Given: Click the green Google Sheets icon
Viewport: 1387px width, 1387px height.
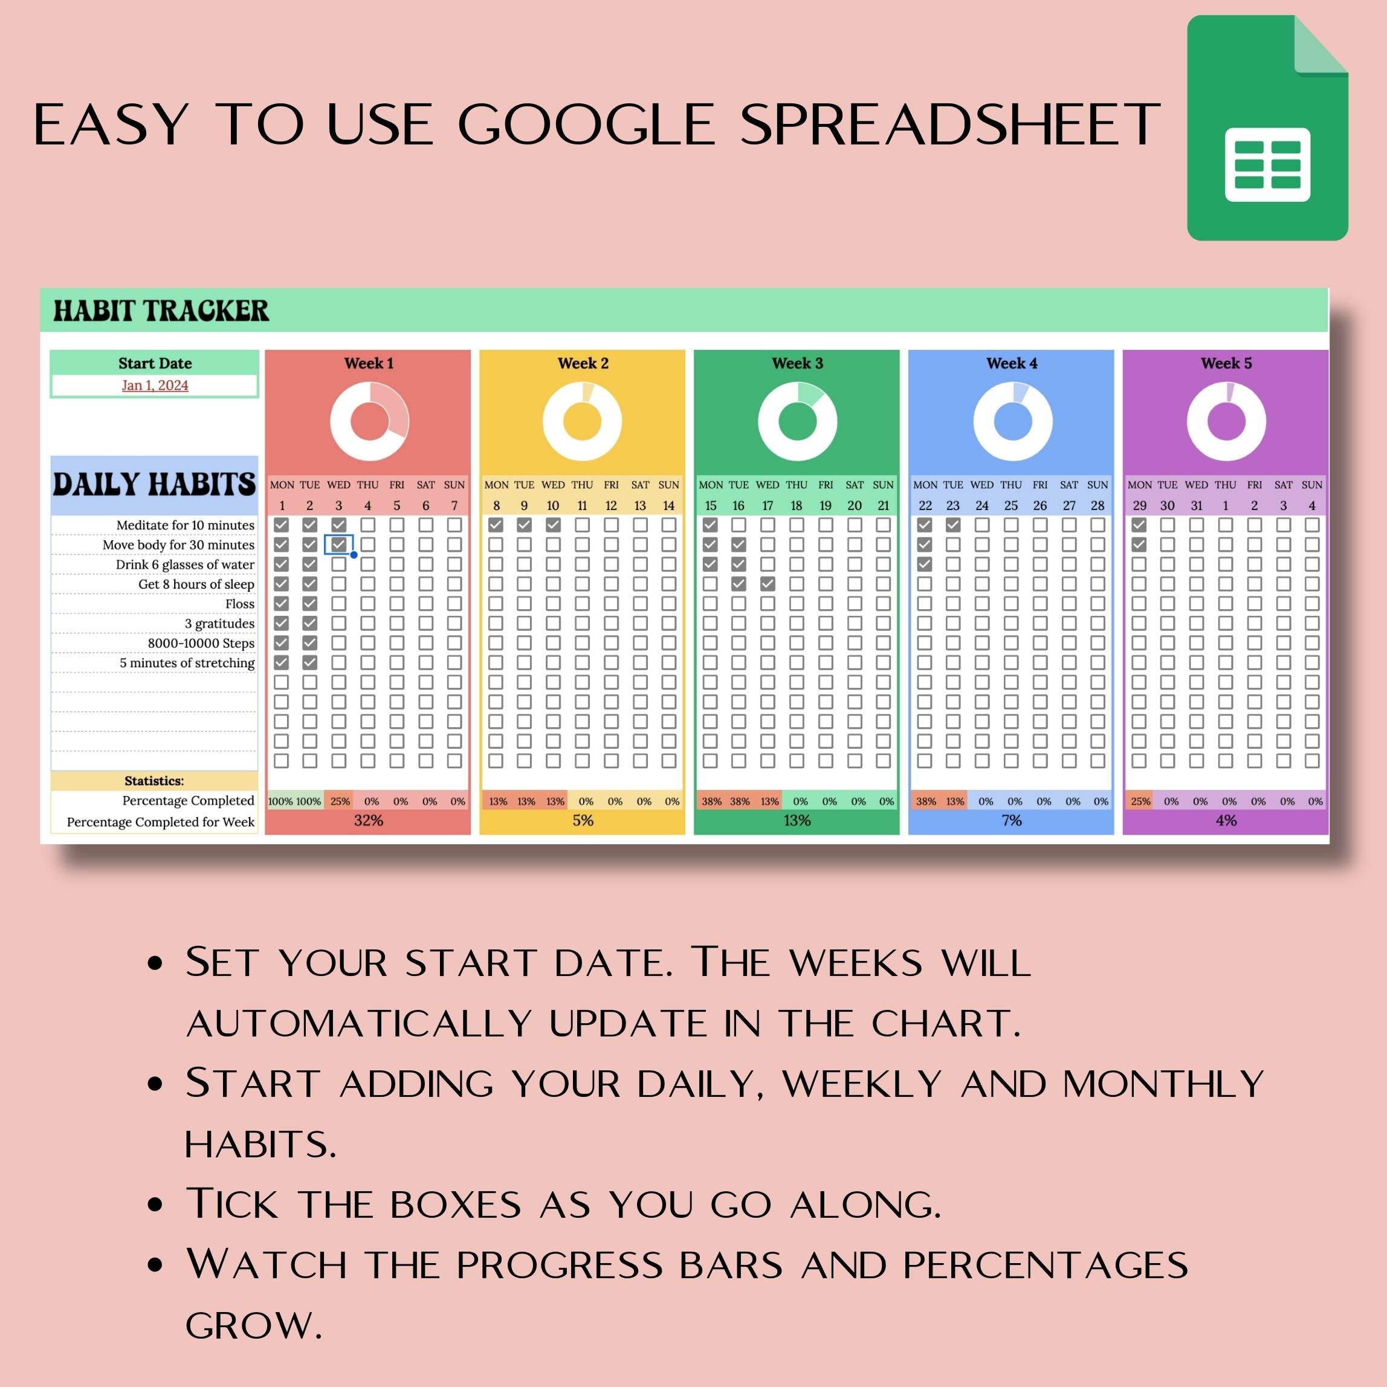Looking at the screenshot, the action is tap(1267, 128).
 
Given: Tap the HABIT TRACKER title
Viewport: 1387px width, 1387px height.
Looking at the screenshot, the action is tap(161, 311).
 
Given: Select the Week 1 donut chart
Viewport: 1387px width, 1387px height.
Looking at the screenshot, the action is tap(369, 421).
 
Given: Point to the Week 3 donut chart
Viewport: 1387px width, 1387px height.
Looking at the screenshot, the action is tap(797, 421).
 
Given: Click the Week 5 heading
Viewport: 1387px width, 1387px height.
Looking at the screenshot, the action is tap(1226, 363).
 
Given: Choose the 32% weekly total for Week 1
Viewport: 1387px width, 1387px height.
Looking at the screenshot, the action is tap(368, 820).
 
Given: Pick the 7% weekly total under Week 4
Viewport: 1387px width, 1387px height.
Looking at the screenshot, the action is tap(1012, 820).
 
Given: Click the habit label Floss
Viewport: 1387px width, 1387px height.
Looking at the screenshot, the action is tap(240, 604).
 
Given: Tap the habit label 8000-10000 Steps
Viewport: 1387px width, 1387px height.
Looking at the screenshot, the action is tap(201, 643).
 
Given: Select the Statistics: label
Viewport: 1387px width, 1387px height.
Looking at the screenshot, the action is tap(154, 780).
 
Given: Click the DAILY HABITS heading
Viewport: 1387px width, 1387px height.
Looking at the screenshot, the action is tap(154, 485).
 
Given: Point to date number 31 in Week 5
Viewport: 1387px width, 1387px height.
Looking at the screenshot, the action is tap(1197, 505).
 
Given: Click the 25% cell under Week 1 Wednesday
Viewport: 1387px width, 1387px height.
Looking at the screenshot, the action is tap(340, 801).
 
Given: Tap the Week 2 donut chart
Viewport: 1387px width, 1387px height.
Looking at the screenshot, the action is tap(582, 421).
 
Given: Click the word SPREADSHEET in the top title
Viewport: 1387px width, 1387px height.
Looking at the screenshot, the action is tap(950, 124).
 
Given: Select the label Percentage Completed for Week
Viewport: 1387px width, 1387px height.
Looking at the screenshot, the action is tap(161, 822).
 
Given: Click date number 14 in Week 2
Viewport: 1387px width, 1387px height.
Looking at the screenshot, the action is tap(668, 505).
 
